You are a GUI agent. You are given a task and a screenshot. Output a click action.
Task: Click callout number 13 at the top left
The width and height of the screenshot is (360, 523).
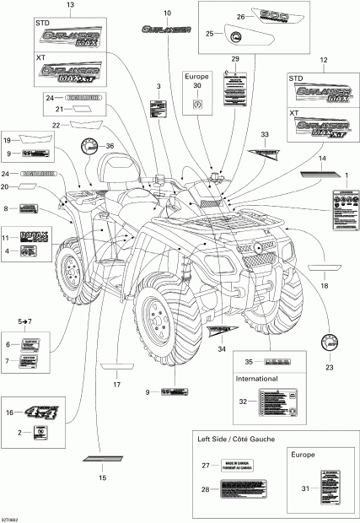click(x=69, y=5)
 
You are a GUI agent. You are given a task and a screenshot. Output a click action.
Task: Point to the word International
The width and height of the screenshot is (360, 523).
click(x=256, y=380)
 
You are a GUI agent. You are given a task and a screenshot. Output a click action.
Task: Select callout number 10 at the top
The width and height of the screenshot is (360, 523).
click(x=166, y=13)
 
